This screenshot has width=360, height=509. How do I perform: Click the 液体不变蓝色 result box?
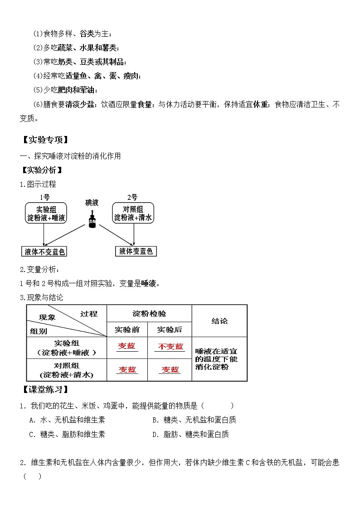(x=44, y=252)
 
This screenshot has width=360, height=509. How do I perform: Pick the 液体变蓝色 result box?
(x=136, y=252)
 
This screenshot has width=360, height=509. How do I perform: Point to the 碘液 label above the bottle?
(x=92, y=202)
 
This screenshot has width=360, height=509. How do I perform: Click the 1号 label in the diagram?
(x=44, y=197)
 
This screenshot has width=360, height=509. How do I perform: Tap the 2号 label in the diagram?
(x=132, y=197)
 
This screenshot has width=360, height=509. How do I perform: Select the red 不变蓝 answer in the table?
(x=170, y=347)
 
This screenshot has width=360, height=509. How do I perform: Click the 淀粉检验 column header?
(x=149, y=313)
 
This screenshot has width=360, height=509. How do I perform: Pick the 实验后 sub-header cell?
(x=170, y=329)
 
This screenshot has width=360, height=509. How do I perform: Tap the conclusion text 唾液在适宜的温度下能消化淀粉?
(x=216, y=359)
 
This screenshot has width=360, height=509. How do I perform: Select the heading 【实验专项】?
(x=44, y=140)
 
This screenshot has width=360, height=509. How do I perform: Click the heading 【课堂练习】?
(x=44, y=390)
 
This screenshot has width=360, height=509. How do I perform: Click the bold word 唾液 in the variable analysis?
(x=148, y=284)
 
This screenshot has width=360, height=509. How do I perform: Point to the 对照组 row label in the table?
(x=66, y=370)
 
